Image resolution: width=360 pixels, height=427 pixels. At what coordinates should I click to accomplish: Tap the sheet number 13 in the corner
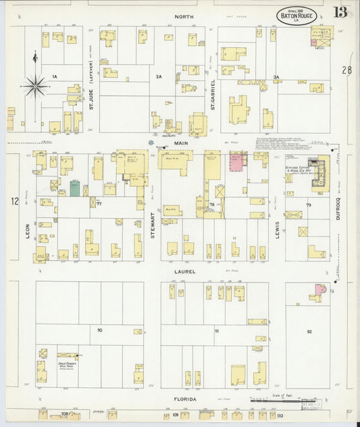[340, 12]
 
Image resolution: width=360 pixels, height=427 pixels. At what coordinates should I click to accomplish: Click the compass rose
[34, 86]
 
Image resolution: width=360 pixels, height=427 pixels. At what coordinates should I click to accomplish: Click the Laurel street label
[186, 272]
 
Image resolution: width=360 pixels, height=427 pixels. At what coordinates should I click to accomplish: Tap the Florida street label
[186, 399]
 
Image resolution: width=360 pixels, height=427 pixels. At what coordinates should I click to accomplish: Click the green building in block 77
[74, 189]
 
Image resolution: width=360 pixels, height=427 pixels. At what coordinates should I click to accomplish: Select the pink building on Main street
[236, 161]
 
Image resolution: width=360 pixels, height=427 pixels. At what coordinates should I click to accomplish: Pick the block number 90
[99, 330]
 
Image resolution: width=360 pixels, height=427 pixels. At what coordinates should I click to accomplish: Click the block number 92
[309, 332]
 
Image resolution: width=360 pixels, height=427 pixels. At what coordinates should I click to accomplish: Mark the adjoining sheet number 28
[346, 70]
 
